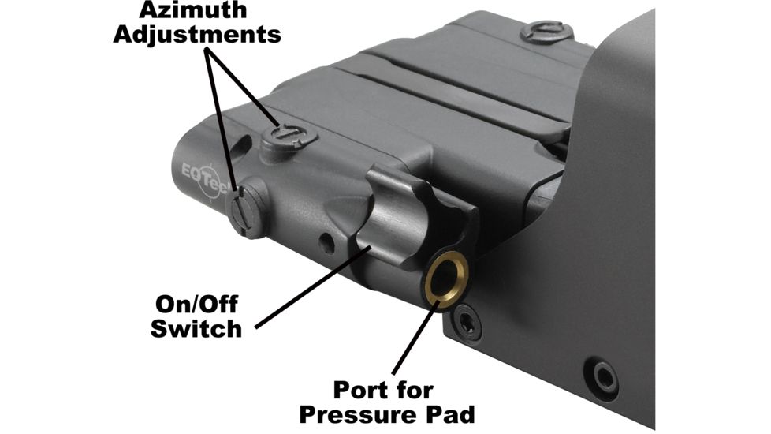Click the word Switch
tap(196, 327)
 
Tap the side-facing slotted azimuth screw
tap(246, 207)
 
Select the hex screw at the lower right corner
tap(604, 373)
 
